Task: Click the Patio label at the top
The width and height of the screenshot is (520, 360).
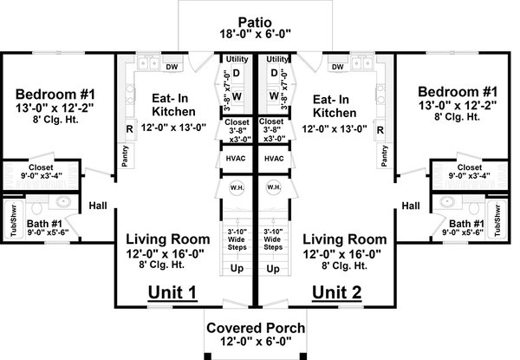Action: click(258, 21)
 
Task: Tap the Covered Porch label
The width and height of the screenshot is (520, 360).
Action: click(258, 329)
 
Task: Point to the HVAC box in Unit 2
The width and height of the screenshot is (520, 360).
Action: click(274, 159)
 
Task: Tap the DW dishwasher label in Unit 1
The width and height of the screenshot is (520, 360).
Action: click(172, 65)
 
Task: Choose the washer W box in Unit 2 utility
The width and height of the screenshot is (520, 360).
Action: click(274, 96)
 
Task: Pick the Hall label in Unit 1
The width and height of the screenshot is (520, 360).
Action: click(97, 206)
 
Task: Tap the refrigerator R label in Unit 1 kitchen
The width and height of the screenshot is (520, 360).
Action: click(129, 130)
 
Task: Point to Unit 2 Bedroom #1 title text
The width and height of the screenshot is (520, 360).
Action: click(456, 92)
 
